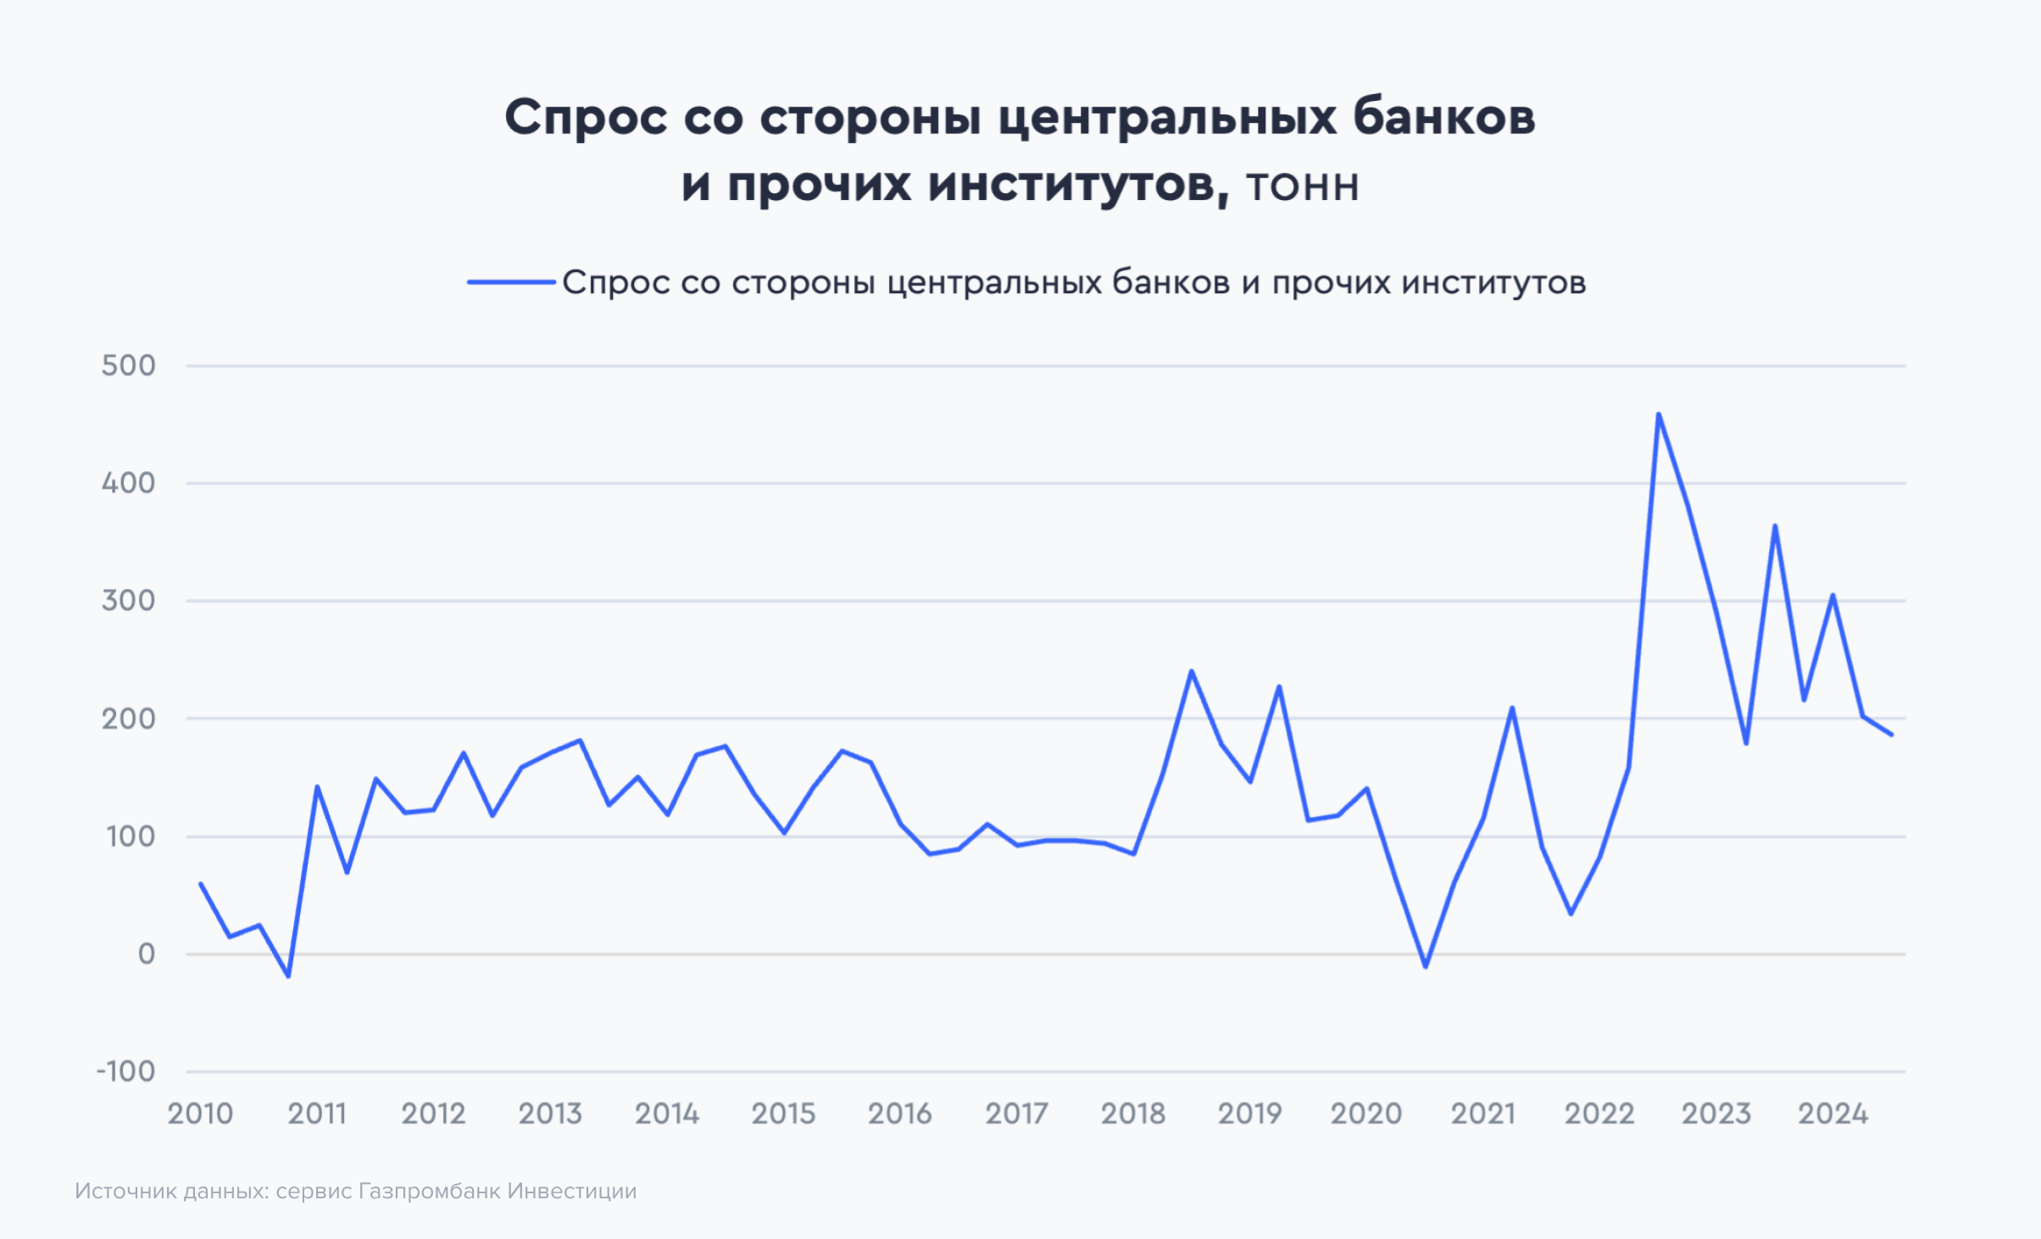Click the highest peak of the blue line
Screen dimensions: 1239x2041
click(1658, 414)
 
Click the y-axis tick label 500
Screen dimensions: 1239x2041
click(129, 366)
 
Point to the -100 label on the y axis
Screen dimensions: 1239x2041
click(126, 1071)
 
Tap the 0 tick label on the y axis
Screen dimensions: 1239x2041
click(147, 953)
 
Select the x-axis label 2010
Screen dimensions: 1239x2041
click(200, 1114)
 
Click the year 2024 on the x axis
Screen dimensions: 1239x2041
click(1832, 1114)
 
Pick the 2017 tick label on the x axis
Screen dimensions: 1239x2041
click(1016, 1114)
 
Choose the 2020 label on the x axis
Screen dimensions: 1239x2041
click(1366, 1114)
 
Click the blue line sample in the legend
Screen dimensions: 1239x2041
click(511, 282)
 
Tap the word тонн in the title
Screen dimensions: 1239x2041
click(1303, 186)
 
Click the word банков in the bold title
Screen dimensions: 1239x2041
click(1443, 117)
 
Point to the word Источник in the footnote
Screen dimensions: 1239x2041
click(126, 1191)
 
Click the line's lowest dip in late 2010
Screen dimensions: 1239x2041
click(288, 976)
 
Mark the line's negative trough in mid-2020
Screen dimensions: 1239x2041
click(1426, 967)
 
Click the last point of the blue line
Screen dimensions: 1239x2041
click(1891, 735)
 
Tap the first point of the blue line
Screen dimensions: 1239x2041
click(201, 883)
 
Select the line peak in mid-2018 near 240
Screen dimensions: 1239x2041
click(1192, 671)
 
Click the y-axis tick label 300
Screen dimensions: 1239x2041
click(129, 601)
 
